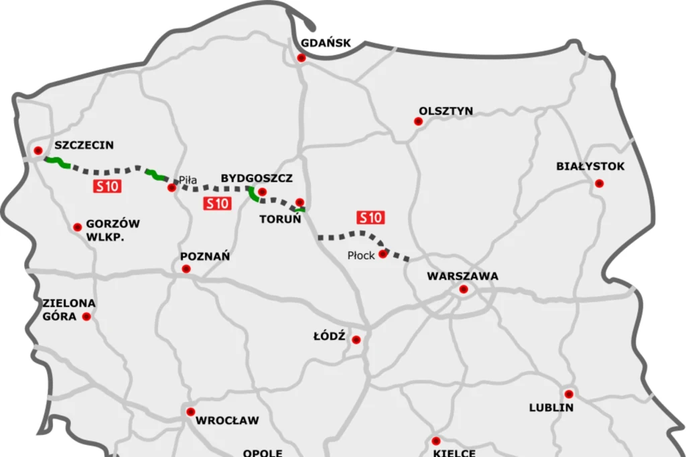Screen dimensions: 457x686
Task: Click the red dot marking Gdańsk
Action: click(301, 58)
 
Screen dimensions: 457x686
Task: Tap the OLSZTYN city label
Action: click(445, 111)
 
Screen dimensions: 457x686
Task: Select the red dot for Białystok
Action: click(599, 183)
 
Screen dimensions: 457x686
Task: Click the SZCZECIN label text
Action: click(84, 145)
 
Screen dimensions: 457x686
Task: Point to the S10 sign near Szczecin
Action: click(107, 187)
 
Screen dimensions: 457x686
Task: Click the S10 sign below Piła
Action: click(217, 204)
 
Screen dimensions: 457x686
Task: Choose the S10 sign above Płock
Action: click(370, 217)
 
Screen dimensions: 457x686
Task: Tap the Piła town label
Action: click(188, 180)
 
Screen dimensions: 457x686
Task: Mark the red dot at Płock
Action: click(383, 254)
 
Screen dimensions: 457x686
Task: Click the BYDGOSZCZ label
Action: click(257, 178)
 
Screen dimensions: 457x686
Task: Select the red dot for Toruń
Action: click(300, 202)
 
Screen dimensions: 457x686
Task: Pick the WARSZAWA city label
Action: click(462, 276)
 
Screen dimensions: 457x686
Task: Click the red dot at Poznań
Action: click(186, 269)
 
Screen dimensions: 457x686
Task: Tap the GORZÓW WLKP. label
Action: click(113, 231)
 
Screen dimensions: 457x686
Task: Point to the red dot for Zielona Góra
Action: click(86, 316)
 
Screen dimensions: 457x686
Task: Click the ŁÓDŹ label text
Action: click(329, 336)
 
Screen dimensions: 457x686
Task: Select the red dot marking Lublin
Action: click(568, 393)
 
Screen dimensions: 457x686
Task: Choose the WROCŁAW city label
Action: click(227, 421)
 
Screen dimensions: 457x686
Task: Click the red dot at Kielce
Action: click(436, 440)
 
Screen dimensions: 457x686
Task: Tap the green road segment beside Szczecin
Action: click(58, 161)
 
